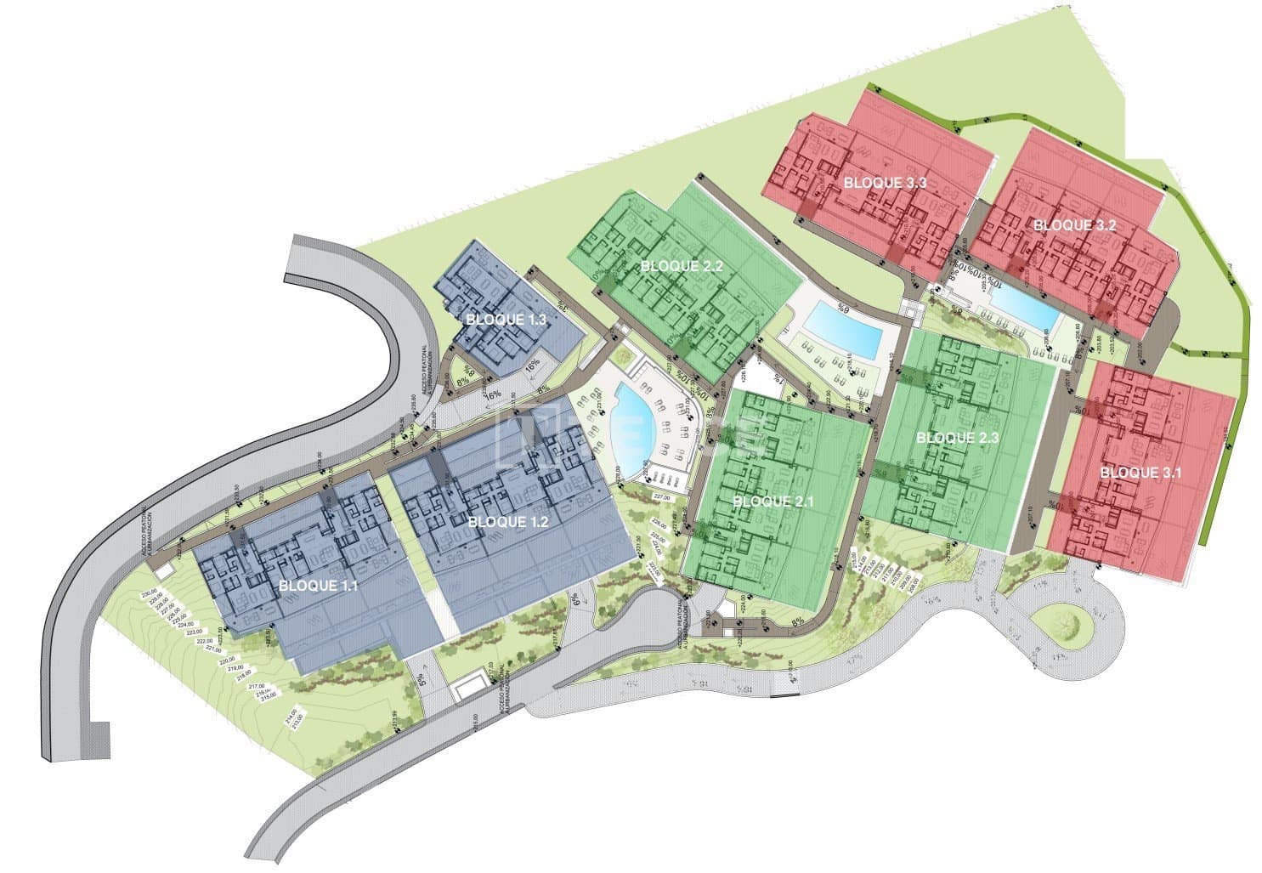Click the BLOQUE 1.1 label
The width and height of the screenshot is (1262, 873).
[314, 586]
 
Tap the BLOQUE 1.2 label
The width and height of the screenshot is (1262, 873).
[503, 522]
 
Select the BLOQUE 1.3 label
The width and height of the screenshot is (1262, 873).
[506, 320]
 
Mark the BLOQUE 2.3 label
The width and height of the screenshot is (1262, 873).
[957, 438]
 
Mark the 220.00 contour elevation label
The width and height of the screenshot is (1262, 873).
[226, 660]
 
